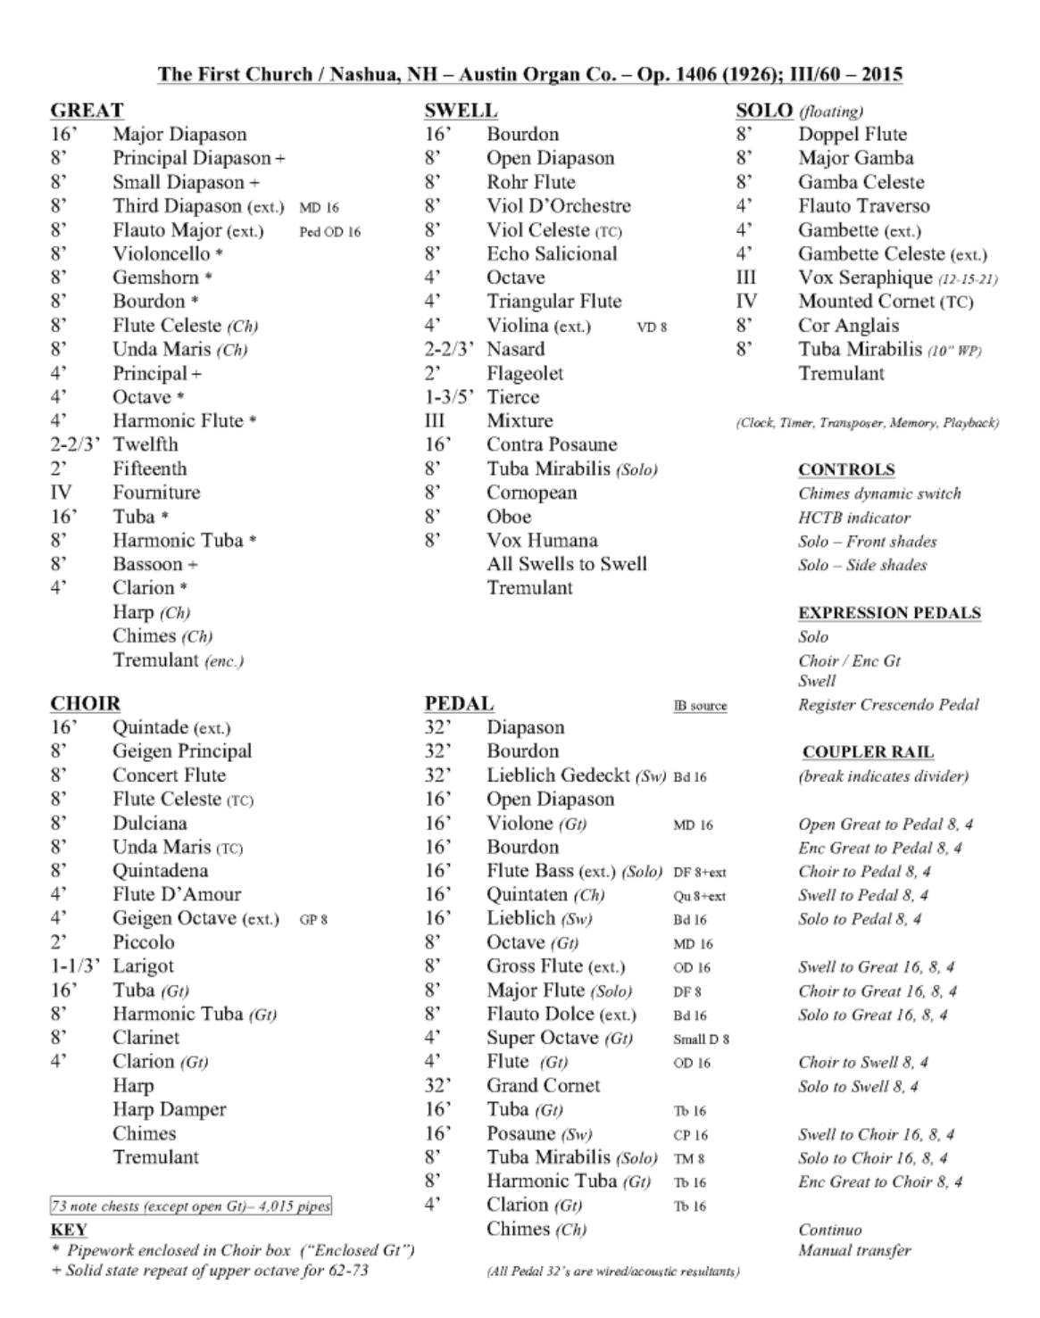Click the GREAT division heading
[x=87, y=111]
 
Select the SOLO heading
[x=764, y=111]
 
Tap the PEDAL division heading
[x=459, y=704]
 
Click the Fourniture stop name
[x=156, y=493]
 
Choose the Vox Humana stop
[x=542, y=541]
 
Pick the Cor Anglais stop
[x=848, y=326]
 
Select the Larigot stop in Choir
[x=143, y=966]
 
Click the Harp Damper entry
[x=169, y=1110]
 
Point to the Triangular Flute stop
[x=553, y=302]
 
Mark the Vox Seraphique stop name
[x=864, y=278]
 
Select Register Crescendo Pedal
[x=887, y=705]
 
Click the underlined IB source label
[x=700, y=706]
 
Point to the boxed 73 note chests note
[x=190, y=1206]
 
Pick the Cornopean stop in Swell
[x=531, y=493]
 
